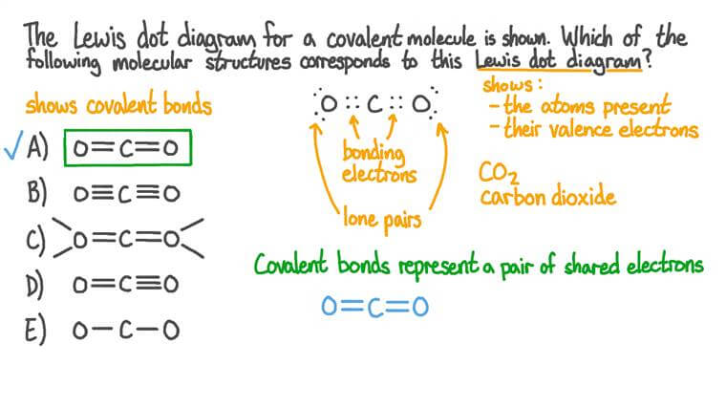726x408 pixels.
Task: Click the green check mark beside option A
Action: click(x=13, y=149)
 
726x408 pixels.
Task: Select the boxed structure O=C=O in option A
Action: click(x=127, y=149)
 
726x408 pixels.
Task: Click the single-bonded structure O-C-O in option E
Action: click(x=125, y=330)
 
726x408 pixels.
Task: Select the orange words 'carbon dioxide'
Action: click(x=547, y=199)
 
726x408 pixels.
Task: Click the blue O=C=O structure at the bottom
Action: click(x=374, y=307)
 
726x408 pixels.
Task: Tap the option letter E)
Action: click(x=37, y=330)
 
